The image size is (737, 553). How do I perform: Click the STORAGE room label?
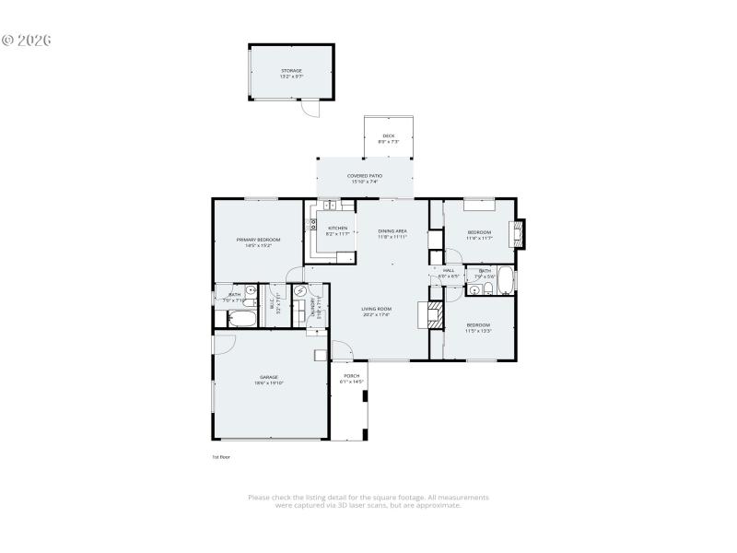291,73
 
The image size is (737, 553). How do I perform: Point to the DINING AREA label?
392,234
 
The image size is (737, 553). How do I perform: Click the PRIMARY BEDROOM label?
257,242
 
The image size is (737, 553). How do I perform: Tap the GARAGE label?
268,379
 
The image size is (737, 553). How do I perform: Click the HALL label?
449,272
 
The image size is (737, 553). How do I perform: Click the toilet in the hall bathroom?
488,288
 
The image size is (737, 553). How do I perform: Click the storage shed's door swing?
313,109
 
